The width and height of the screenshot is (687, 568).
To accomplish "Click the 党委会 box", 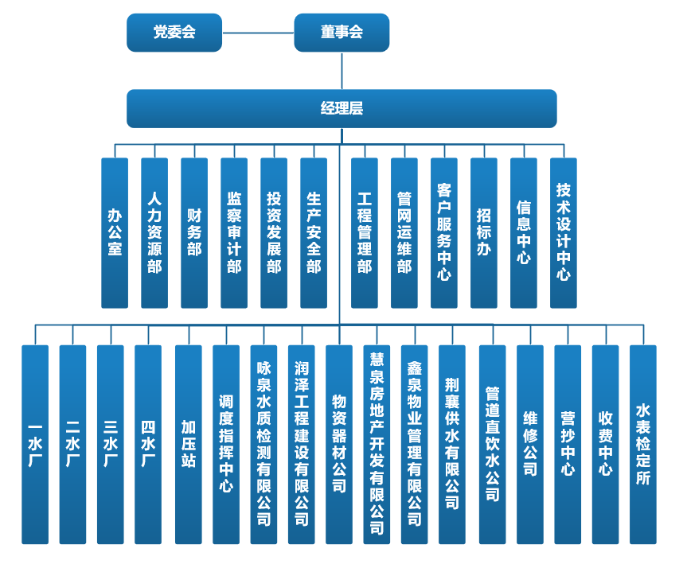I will point(174,33).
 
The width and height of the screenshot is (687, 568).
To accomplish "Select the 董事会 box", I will point(342,33).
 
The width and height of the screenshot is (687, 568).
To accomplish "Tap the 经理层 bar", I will point(342,108).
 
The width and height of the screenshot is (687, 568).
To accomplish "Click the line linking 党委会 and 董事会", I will point(258,33).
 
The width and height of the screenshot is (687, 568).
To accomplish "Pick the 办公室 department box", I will point(115,232).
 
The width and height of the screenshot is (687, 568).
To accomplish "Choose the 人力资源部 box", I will point(154,232).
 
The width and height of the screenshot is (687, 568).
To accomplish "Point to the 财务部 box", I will point(194,232).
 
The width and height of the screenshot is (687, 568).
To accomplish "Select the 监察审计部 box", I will point(234,232).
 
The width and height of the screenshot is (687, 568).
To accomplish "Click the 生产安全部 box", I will point(314,232).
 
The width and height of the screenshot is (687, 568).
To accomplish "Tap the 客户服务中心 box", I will point(444,232).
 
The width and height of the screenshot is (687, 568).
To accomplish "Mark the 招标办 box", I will point(484,232).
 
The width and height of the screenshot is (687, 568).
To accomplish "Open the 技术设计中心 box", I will point(564,232).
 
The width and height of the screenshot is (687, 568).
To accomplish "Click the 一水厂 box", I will point(35,444).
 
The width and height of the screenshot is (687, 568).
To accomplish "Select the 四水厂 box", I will point(148,444).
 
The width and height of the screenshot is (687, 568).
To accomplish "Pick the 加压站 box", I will point(188,444).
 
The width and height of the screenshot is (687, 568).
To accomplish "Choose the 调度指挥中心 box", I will point(226,444).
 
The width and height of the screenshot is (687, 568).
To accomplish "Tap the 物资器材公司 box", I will point(339,444).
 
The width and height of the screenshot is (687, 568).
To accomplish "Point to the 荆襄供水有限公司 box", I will point(452,444).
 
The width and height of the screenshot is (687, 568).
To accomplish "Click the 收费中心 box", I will point(605,444).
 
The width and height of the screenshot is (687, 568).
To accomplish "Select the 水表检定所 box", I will point(643,444).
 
